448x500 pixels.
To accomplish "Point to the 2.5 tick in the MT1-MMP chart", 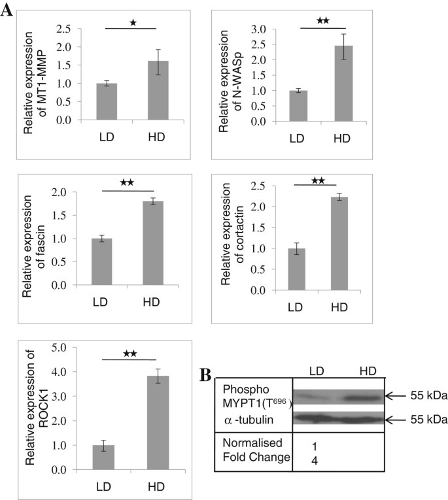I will point(63,28).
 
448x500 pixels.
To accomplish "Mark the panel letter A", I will point(7,12).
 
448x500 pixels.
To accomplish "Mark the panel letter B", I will point(204,376).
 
